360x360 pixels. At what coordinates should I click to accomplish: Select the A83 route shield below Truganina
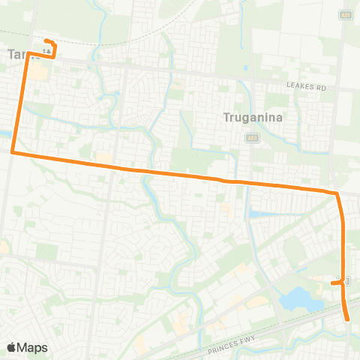click(x=253, y=138)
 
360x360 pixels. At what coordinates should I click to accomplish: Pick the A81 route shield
click(x=346, y=16)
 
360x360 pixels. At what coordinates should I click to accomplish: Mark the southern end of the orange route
click(x=349, y=319)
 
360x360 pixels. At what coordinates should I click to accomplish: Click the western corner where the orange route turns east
click(x=13, y=152)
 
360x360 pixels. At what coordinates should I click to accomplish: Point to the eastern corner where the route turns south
click(x=337, y=194)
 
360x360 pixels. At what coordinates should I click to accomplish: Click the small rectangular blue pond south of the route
click(x=259, y=214)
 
